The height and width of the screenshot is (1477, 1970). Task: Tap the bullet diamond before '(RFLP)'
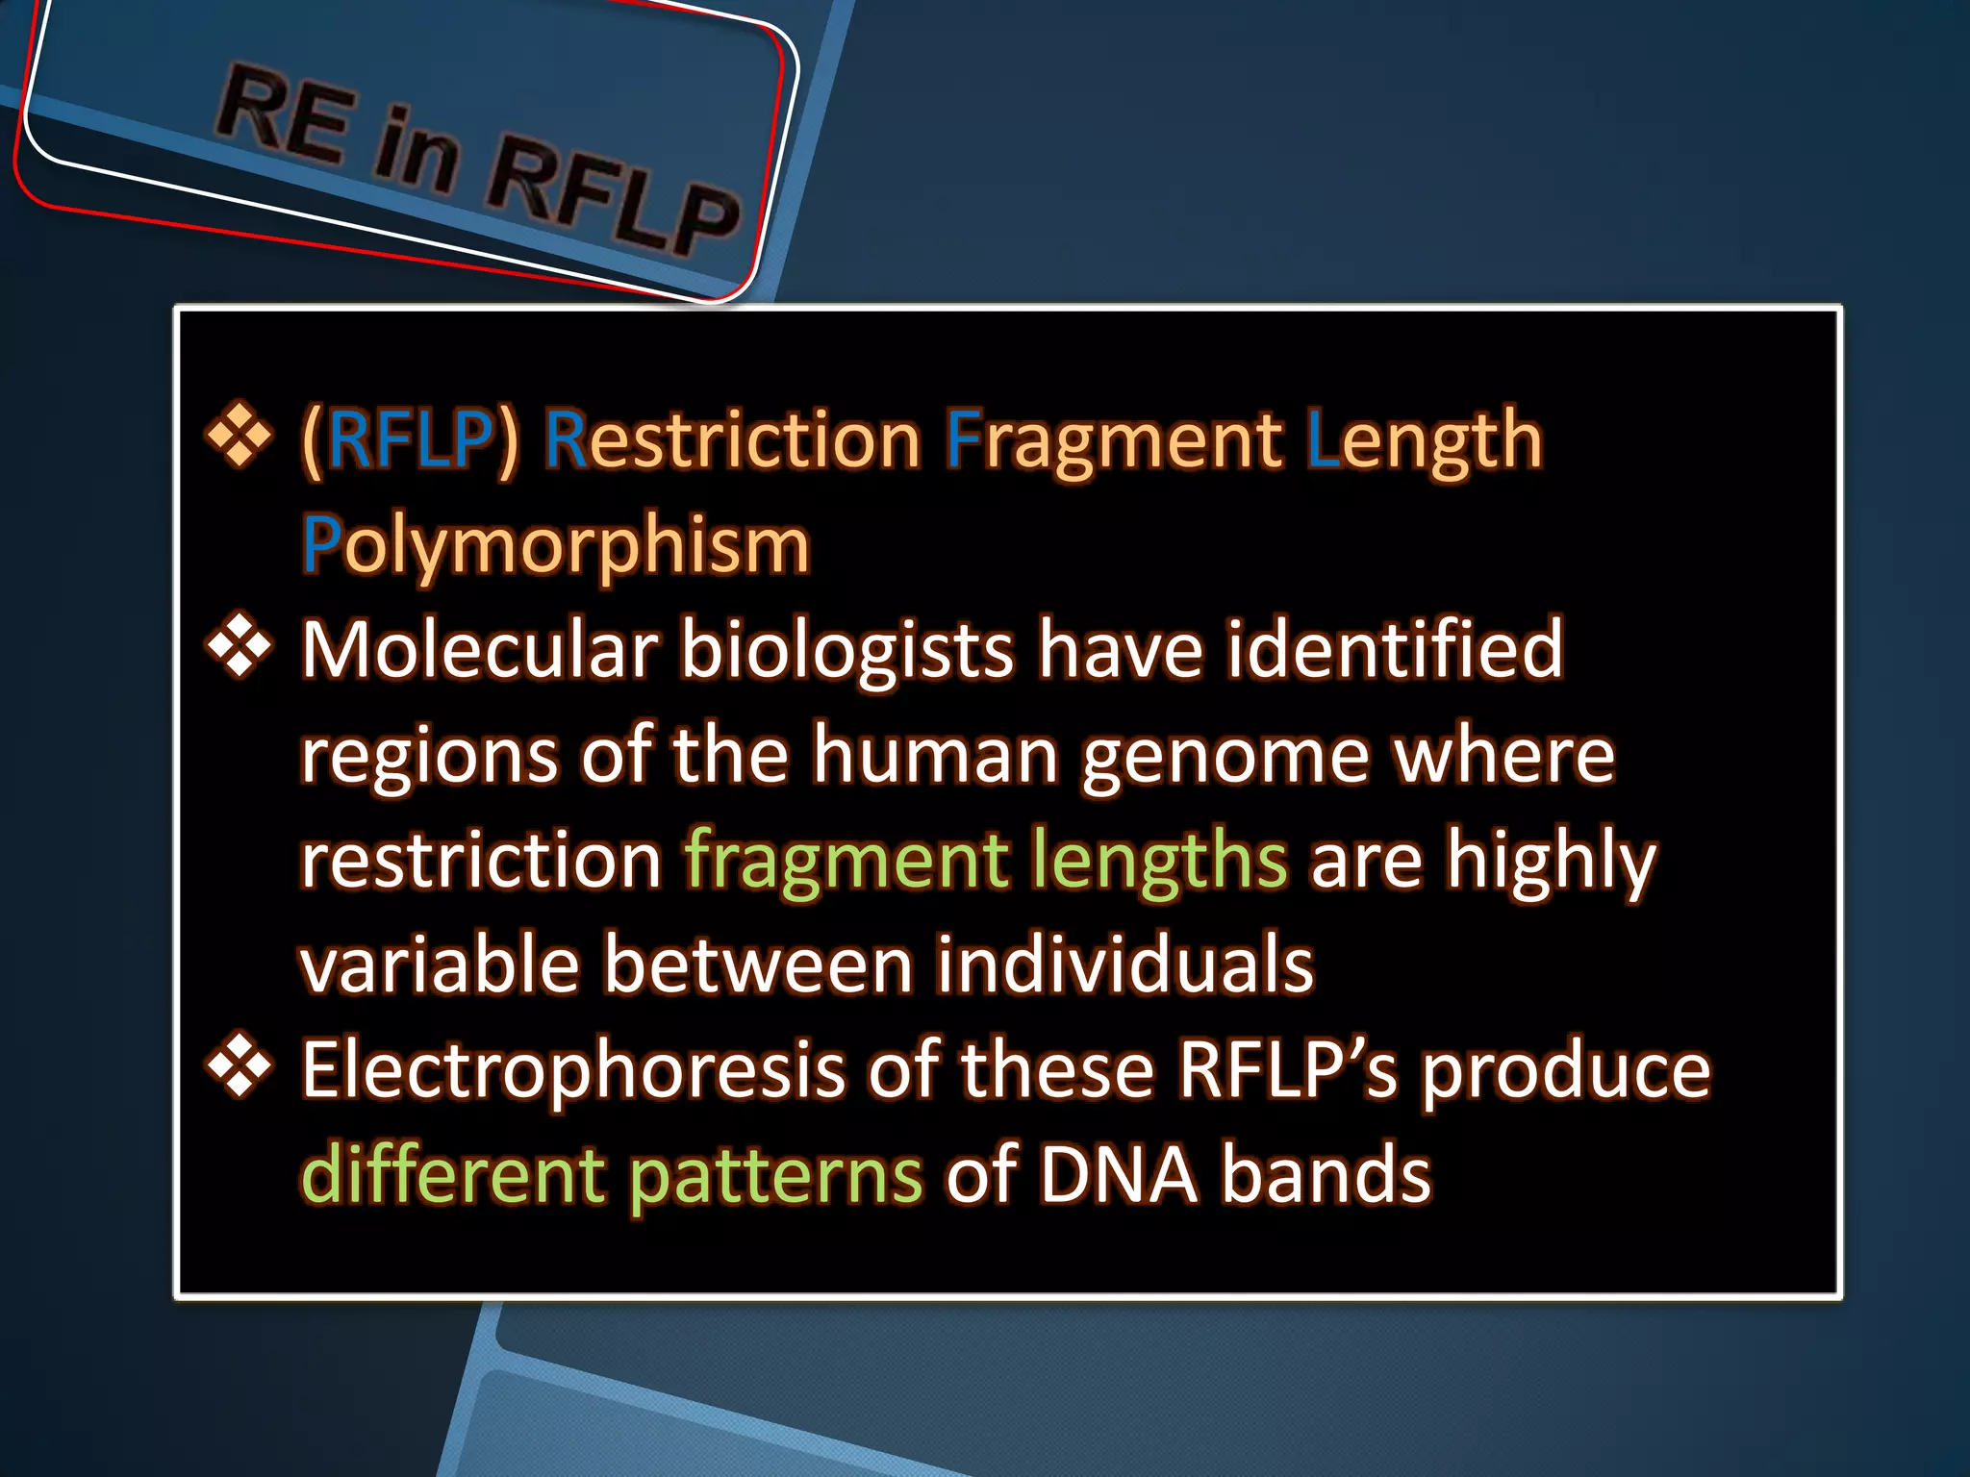tap(239, 438)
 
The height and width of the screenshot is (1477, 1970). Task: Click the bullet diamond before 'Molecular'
tap(239, 647)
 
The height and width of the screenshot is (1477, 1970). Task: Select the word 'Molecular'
tap(480, 650)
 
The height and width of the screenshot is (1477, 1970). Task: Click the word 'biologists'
tap(847, 652)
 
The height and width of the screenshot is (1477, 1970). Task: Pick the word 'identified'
tap(1395, 650)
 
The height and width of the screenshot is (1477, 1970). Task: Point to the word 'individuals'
tap(1124, 964)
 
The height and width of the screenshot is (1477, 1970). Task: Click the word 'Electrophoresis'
tap(573, 1071)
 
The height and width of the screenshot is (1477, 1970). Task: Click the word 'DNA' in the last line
tap(1118, 1175)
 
